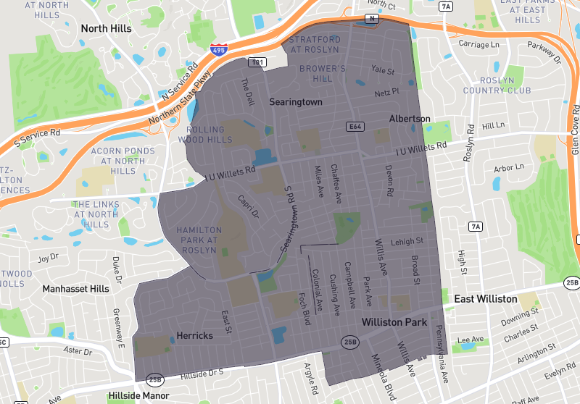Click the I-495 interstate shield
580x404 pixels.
point(217,50)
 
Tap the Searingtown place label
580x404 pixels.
point(296,102)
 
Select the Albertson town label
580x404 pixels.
point(409,118)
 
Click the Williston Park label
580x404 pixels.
point(394,321)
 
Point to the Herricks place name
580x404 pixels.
point(194,336)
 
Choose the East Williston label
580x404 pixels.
point(486,299)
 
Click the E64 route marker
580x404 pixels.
point(355,126)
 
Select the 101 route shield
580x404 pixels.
point(256,63)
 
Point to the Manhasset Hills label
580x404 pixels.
point(75,289)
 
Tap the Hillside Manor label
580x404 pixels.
point(138,396)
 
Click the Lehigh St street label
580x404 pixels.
point(407,242)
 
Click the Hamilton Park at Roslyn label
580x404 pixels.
point(197,240)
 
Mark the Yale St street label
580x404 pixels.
point(382,71)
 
